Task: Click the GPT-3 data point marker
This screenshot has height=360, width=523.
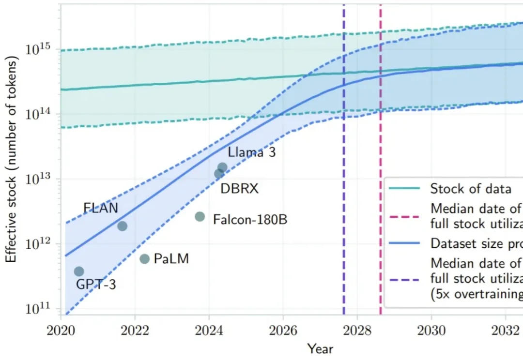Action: click(x=79, y=271)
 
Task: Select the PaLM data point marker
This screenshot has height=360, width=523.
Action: click(x=144, y=259)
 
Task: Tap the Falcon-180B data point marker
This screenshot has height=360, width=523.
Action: click(x=200, y=217)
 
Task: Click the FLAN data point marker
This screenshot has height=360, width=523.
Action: click(x=123, y=226)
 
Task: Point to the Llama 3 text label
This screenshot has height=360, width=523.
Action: click(x=252, y=153)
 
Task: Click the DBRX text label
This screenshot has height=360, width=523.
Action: click(x=239, y=189)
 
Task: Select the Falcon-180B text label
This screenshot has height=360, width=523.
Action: click(x=250, y=220)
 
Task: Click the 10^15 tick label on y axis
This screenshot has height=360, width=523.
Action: click(x=40, y=50)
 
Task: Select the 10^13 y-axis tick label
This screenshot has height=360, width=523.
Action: click(x=40, y=179)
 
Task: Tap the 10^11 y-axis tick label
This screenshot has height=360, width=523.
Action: click(x=40, y=308)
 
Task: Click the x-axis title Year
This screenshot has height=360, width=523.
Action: click(x=320, y=348)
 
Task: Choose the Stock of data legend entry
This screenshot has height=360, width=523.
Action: click(x=470, y=189)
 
